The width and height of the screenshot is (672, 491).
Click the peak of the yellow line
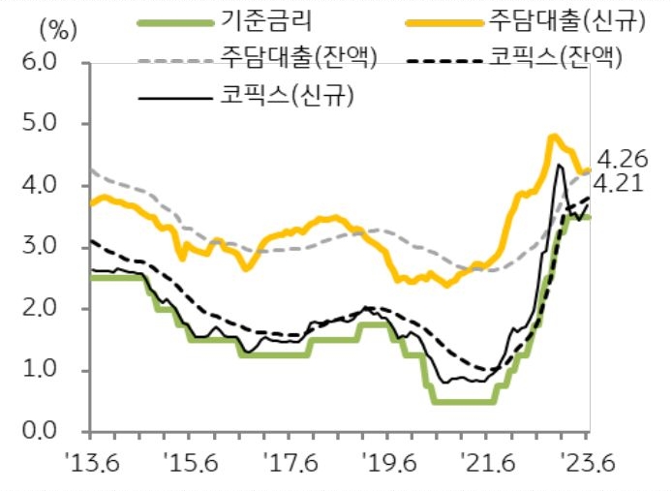(554, 137)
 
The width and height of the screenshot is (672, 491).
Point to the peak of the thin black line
(560, 166)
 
